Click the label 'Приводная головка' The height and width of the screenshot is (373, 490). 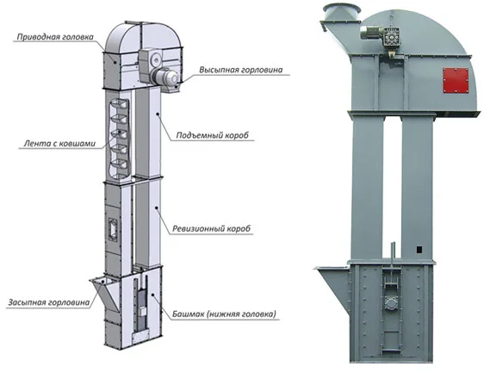(55, 37)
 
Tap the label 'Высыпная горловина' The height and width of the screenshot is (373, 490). (241, 70)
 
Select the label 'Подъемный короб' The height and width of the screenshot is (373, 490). (213, 135)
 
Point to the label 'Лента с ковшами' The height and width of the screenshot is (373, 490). (59, 144)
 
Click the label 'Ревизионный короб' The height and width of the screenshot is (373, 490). (212, 228)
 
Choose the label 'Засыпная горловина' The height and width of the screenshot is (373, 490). (49, 302)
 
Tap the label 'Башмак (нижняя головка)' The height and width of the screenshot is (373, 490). (225, 314)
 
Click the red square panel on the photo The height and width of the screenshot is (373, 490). (456, 81)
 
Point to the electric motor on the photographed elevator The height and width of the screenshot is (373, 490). (372, 33)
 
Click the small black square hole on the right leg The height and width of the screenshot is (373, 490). (419, 250)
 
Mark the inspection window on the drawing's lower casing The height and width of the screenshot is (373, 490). (112, 229)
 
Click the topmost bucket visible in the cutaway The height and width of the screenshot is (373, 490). (120, 104)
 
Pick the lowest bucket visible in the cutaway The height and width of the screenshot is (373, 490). (120, 165)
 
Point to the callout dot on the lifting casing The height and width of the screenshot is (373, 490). (158, 114)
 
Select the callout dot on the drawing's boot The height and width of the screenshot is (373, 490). (152, 295)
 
